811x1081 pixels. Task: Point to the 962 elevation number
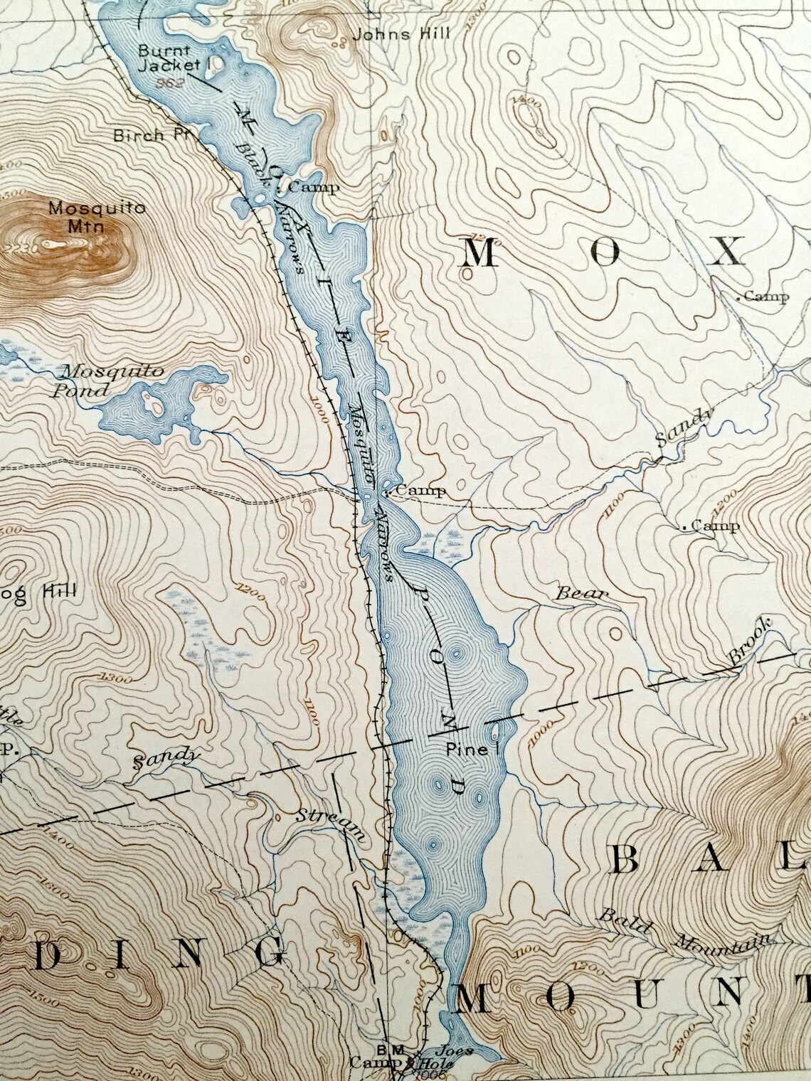(172, 82)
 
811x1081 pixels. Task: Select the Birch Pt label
(147, 134)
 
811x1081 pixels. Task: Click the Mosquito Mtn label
(97, 217)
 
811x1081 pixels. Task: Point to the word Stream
(332, 824)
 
